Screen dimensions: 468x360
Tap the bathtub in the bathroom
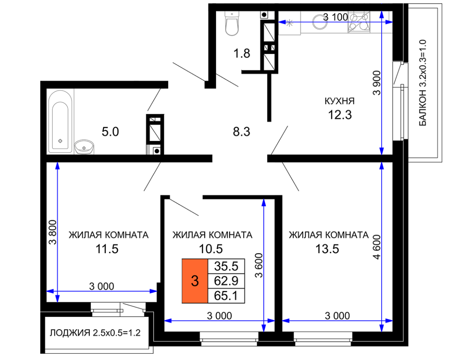(x=60, y=122)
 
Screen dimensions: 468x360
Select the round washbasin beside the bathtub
(x=84, y=147)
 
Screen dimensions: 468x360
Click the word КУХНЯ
(x=340, y=101)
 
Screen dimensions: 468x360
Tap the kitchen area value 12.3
(x=340, y=115)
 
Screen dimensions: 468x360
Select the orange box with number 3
(x=195, y=281)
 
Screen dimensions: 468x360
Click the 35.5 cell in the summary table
(x=226, y=266)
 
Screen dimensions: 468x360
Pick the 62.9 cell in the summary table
(x=226, y=281)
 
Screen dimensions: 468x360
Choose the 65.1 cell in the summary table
(x=226, y=296)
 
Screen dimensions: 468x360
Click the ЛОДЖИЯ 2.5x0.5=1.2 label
(x=95, y=333)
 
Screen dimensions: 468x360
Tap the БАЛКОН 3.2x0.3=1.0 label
(x=423, y=83)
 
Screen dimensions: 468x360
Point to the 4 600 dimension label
(x=377, y=247)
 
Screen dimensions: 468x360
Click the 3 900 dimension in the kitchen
(x=377, y=83)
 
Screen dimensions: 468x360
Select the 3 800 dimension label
(x=52, y=232)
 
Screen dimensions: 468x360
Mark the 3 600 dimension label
(x=259, y=265)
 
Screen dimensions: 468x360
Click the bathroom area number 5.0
(x=110, y=132)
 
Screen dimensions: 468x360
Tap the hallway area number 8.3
(x=241, y=132)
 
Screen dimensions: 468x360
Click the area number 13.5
(x=327, y=249)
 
